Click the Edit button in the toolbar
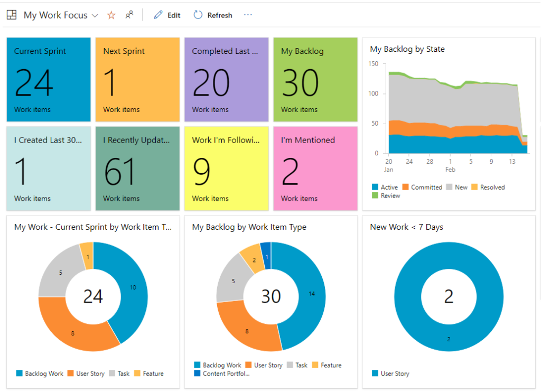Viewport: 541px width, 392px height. (x=167, y=15)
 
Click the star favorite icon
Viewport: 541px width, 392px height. (x=111, y=15)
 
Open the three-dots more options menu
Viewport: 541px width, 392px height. (x=248, y=15)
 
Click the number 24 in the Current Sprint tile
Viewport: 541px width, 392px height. (x=34, y=82)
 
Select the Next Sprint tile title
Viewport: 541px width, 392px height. (x=124, y=51)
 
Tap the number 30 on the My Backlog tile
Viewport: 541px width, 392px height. (x=300, y=82)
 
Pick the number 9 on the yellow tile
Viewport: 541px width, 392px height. (x=201, y=172)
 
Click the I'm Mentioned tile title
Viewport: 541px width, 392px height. (x=307, y=140)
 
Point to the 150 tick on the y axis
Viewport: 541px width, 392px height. (x=374, y=64)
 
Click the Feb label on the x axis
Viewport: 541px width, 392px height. (x=450, y=170)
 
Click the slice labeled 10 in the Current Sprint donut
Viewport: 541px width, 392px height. (x=133, y=287)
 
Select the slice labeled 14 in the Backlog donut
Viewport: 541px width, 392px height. (x=312, y=294)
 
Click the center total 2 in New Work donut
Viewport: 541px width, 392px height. (x=449, y=296)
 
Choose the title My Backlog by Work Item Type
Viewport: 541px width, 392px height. (x=249, y=227)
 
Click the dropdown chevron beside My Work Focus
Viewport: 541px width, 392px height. (x=95, y=15)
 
